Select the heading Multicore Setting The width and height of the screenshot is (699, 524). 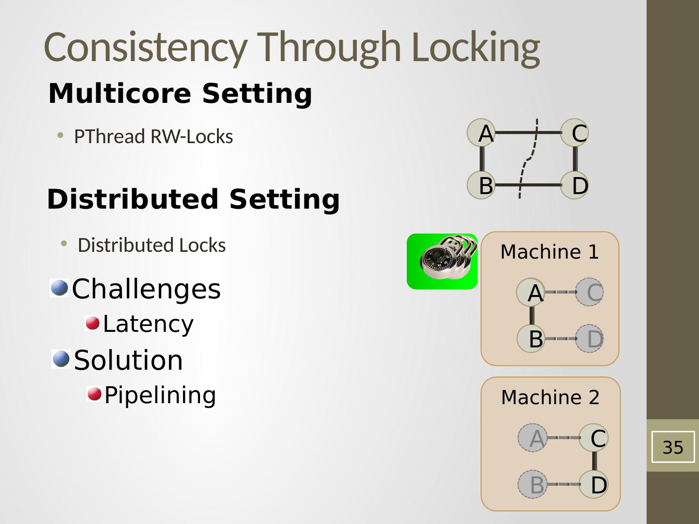point(180,94)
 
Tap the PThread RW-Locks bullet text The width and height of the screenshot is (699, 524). point(153,136)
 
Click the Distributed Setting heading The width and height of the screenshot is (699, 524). point(193,199)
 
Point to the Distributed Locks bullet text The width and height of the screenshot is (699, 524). point(152,246)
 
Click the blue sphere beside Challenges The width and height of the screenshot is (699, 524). point(60,288)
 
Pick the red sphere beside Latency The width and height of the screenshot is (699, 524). point(93,323)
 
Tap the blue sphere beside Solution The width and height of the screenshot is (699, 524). point(61,359)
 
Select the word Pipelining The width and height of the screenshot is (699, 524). point(160,395)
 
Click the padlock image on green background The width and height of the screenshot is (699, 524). point(442,262)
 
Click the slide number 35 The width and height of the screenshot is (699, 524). point(673,447)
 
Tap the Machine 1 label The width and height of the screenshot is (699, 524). point(549,252)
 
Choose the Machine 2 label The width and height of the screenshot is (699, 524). point(550,397)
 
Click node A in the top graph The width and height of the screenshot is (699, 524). point(481,132)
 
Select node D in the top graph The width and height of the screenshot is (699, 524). point(575,185)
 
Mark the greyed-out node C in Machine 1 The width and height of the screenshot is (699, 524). point(589,292)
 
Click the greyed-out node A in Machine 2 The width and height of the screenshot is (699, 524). point(533,438)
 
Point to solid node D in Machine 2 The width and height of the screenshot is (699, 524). point(594,484)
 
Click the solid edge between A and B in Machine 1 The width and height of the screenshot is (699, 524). point(532,315)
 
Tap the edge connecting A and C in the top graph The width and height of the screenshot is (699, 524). point(528,132)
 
